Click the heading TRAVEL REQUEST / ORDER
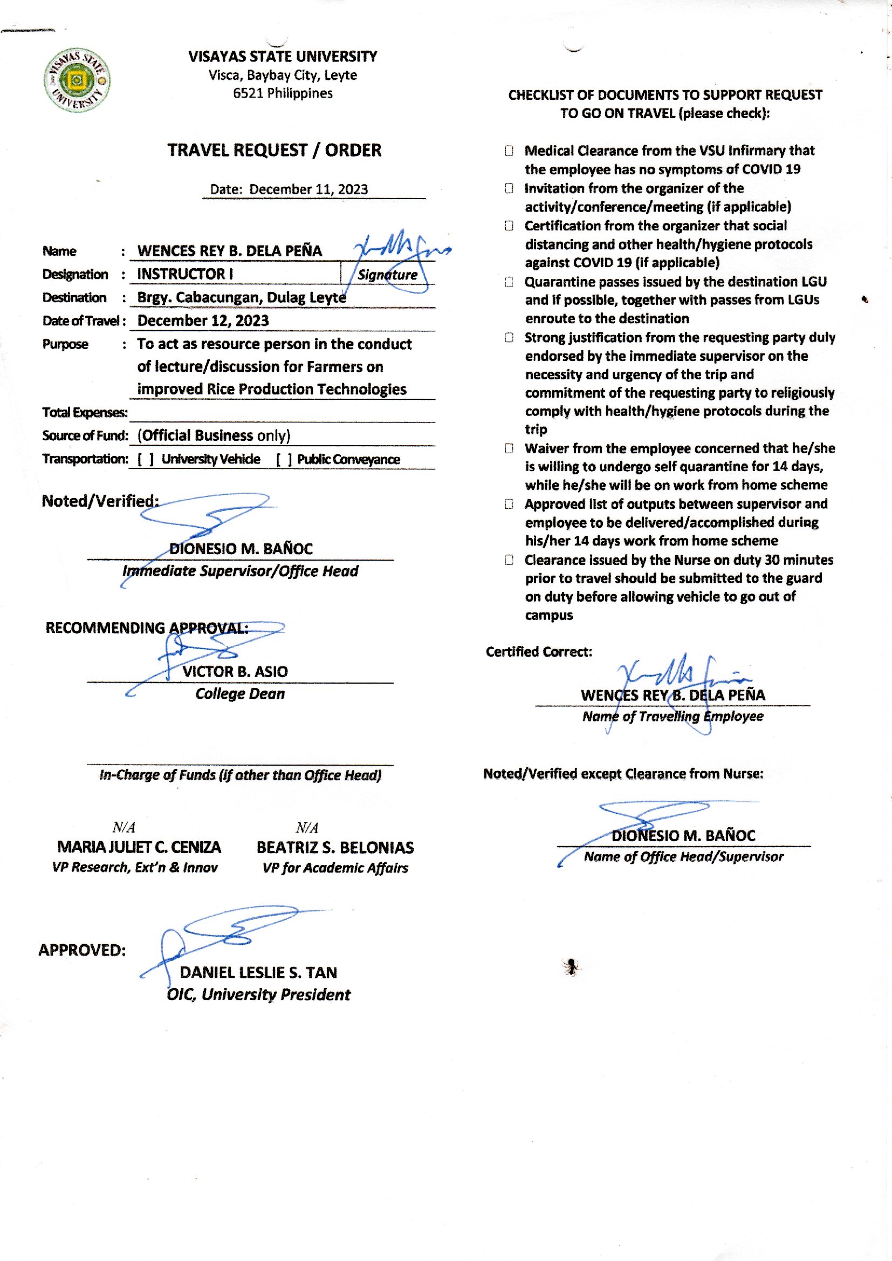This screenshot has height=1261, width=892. pyautogui.click(x=274, y=151)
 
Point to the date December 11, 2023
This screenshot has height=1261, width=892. pyautogui.click(x=308, y=189)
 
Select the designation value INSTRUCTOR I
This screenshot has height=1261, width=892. pyautogui.click(x=185, y=274)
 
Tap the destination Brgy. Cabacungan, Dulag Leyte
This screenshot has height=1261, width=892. pyautogui.click(x=241, y=297)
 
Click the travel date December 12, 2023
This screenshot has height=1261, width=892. pyautogui.click(x=203, y=321)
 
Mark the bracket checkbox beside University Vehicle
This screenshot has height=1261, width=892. pyautogui.click(x=146, y=459)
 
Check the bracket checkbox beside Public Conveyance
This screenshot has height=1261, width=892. pyautogui.click(x=284, y=459)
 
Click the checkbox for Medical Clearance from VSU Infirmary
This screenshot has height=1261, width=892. pyautogui.click(x=509, y=151)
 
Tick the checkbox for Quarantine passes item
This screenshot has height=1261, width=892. pyautogui.click(x=509, y=282)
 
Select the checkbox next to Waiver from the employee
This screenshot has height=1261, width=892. pyautogui.click(x=509, y=448)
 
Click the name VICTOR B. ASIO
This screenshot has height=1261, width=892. pyautogui.click(x=235, y=671)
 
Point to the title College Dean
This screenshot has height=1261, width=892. pyautogui.click(x=240, y=694)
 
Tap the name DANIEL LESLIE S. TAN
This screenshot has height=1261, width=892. pyautogui.click(x=258, y=972)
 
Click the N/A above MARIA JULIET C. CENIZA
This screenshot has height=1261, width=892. pyautogui.click(x=123, y=828)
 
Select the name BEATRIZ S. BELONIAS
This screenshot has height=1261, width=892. pyautogui.click(x=335, y=848)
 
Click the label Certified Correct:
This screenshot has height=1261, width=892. pyautogui.click(x=538, y=652)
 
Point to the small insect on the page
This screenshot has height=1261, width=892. pyautogui.click(x=571, y=966)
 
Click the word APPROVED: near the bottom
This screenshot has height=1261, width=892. pyautogui.click(x=83, y=950)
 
